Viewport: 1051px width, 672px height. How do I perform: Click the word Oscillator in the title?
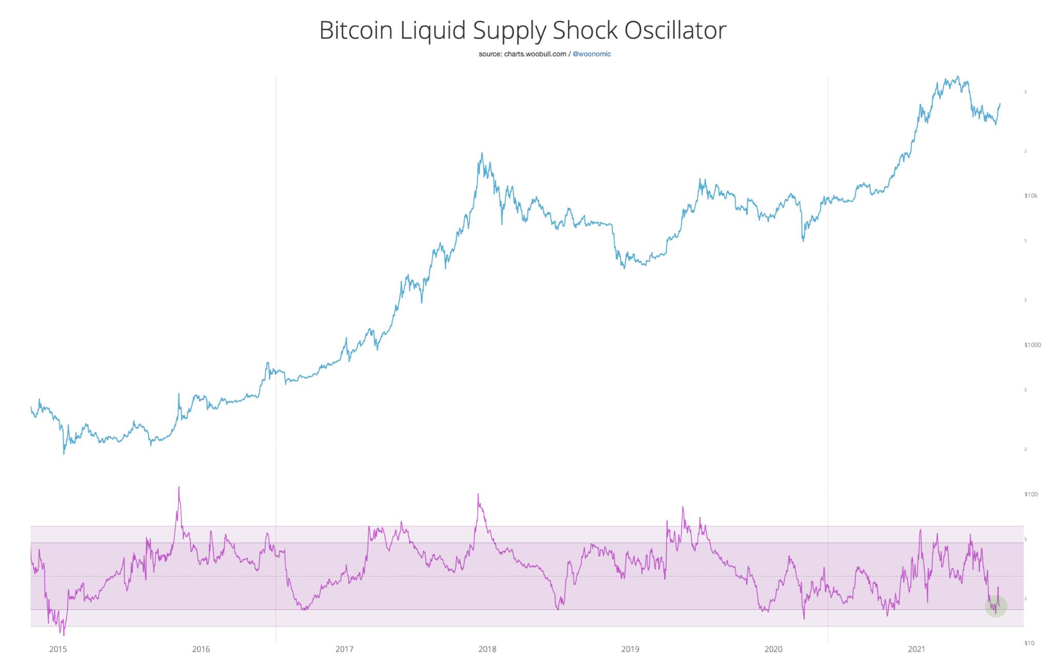tap(675, 31)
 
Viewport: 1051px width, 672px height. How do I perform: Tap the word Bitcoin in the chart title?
tap(356, 31)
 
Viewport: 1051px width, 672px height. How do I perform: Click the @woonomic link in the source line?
tap(592, 54)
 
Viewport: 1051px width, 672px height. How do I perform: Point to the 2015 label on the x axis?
tap(58, 649)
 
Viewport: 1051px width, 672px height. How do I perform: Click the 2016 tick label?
tap(201, 649)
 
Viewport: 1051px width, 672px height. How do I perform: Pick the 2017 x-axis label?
tap(344, 649)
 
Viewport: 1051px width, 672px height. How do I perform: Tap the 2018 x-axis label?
tap(488, 649)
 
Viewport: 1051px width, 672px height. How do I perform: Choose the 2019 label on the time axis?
tap(630, 649)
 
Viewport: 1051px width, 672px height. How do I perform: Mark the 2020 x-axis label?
tap(773, 649)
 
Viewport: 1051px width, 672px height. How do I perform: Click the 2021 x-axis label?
tap(917, 649)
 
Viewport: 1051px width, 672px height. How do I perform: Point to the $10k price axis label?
tap(1030, 196)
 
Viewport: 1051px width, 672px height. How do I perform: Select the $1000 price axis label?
tap(1033, 345)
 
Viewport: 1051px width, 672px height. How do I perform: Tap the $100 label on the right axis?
tap(1030, 494)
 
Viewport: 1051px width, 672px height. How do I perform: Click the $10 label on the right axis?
tap(1029, 643)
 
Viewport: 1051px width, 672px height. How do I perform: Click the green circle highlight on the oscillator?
tap(996, 606)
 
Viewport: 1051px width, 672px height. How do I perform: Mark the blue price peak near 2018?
tap(482, 153)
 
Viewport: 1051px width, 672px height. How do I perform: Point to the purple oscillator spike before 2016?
tap(179, 488)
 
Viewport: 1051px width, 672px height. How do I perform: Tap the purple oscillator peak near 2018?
tap(478, 495)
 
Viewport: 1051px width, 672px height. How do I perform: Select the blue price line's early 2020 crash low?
tap(803, 240)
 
